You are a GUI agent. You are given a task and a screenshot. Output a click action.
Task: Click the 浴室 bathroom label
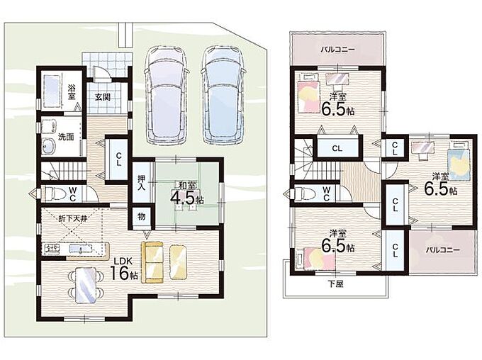tap(72, 92)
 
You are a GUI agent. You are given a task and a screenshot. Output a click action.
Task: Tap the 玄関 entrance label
tap(102, 97)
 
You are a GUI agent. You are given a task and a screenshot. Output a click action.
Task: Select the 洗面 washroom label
tap(66, 137)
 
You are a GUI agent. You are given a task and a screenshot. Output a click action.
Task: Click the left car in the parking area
tap(167, 95)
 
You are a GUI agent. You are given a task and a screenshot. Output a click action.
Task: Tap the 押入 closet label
tap(141, 183)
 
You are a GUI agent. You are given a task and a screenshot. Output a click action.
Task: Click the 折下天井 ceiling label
tap(73, 219)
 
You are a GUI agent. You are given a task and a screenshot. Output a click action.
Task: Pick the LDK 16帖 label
tap(124, 269)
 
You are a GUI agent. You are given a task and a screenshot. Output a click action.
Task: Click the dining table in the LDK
tap(86, 285)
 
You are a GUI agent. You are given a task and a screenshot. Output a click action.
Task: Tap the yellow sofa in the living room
tap(152, 262)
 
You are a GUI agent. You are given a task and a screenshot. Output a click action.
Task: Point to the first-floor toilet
tap(55, 194)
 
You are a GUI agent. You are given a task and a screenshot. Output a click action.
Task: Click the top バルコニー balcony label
tap(338, 50)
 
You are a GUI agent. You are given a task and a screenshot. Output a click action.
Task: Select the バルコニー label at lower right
tap(442, 250)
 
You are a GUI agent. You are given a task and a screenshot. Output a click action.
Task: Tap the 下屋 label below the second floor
tap(335, 284)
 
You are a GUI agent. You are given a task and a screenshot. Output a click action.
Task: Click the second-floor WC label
tap(327, 193)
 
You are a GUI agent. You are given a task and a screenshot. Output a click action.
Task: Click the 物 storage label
tap(141, 217)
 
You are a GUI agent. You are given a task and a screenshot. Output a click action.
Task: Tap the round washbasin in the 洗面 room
tap(48, 146)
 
